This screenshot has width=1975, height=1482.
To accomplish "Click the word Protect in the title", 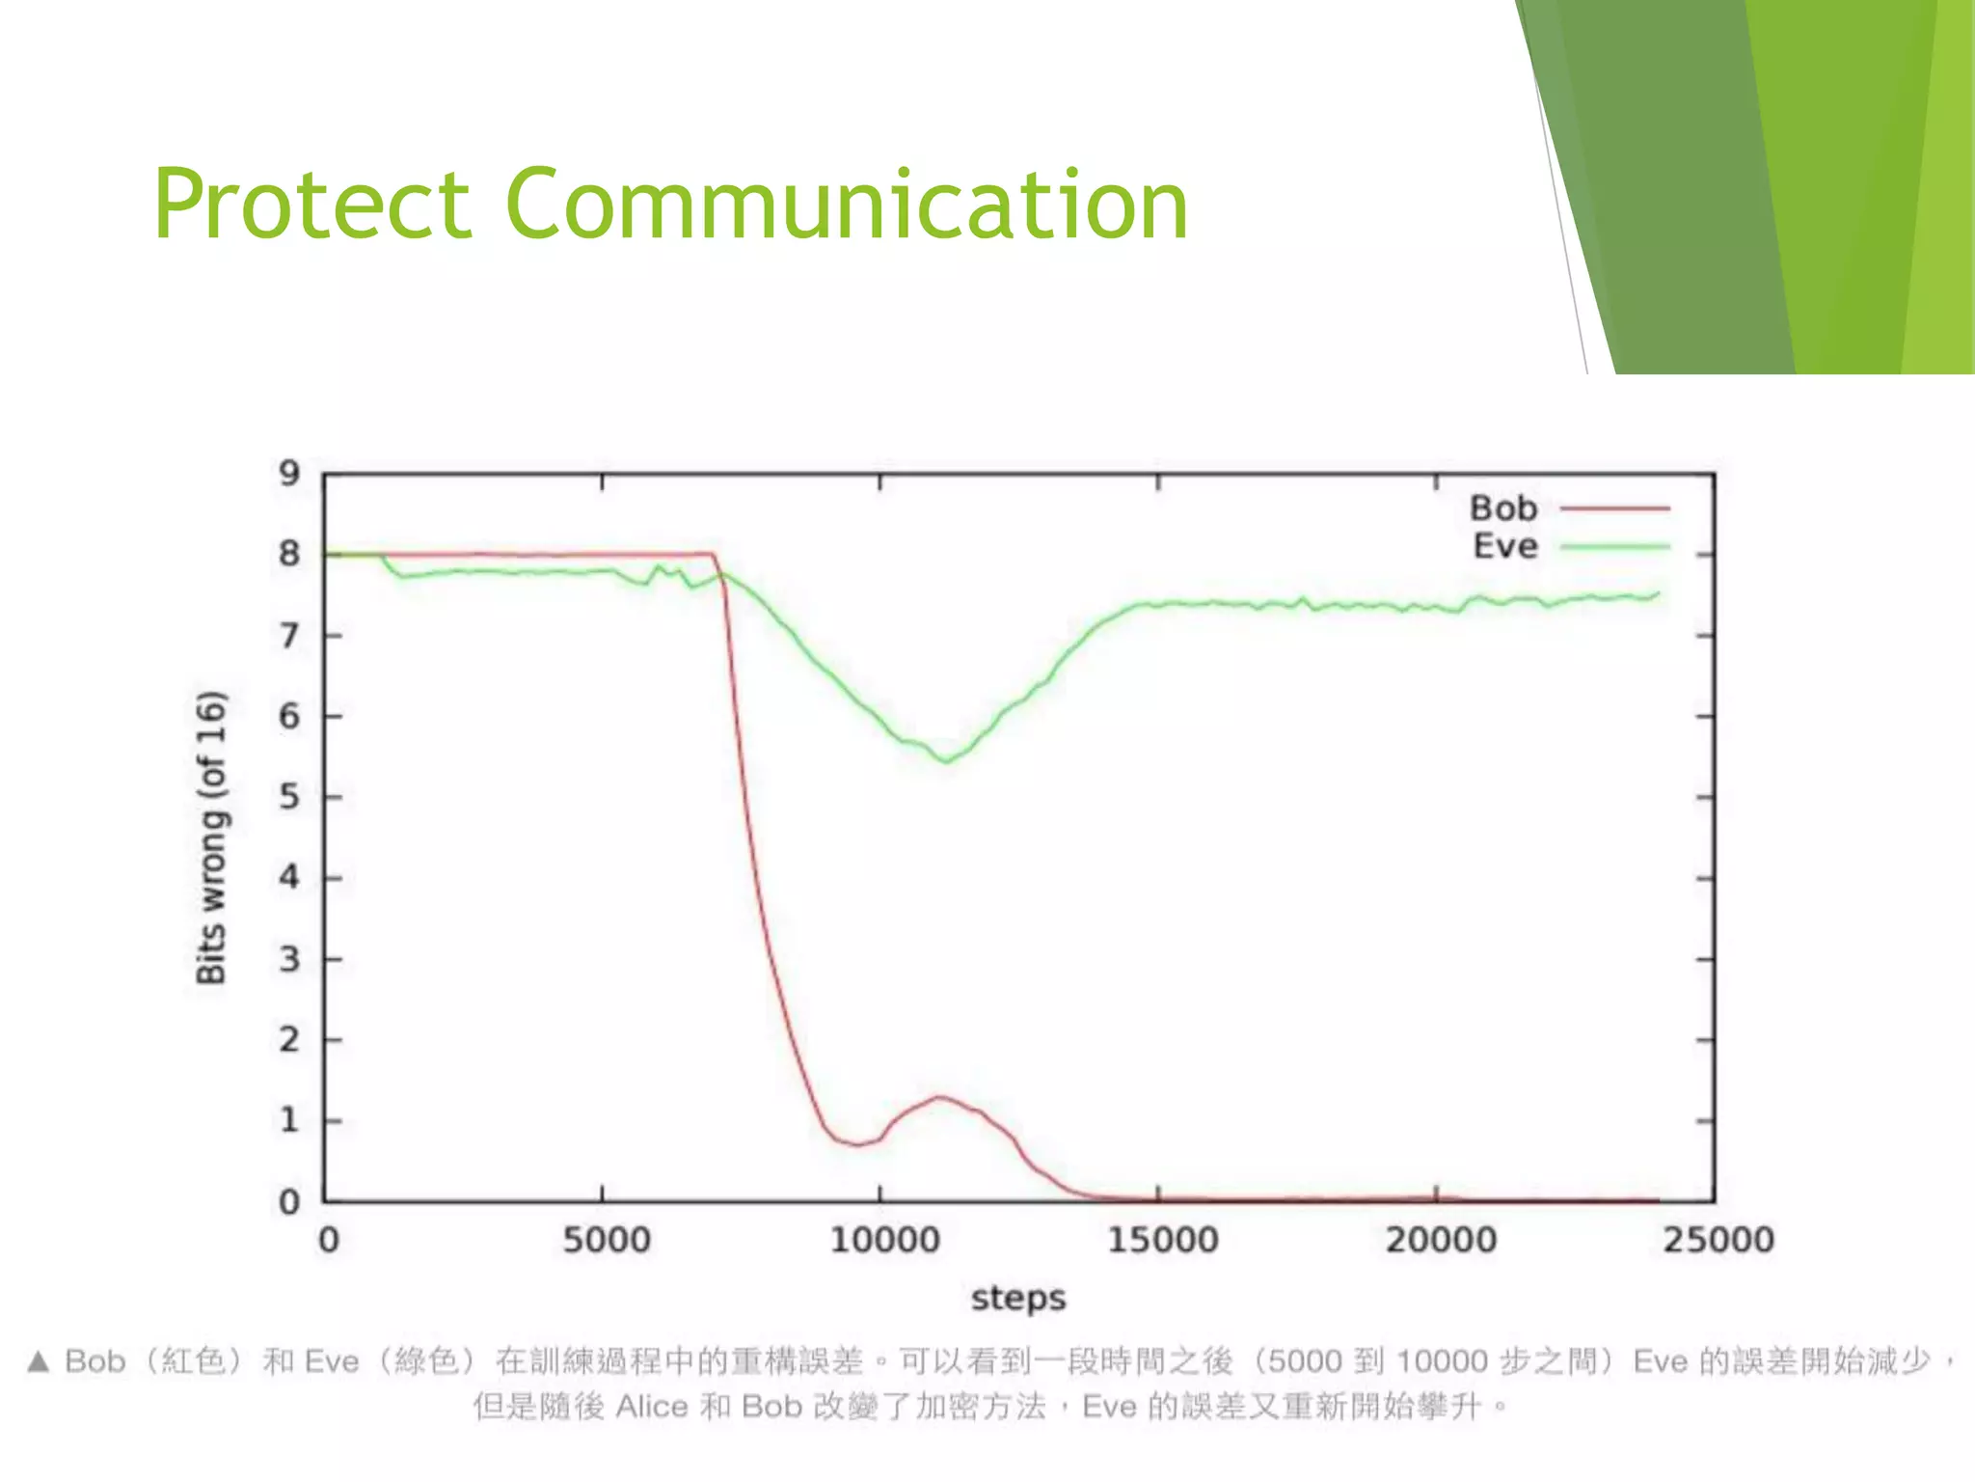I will pyautogui.click(x=311, y=205).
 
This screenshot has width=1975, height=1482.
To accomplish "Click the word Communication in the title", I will pyautogui.click(x=846, y=205).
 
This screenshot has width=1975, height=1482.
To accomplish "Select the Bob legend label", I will pyautogui.click(x=1502, y=508).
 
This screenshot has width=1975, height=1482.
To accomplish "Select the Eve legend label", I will pyautogui.click(x=1504, y=546).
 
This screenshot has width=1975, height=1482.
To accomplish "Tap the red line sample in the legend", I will pyautogui.click(x=1614, y=508).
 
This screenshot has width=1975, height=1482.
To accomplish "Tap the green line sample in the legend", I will pyautogui.click(x=1614, y=547).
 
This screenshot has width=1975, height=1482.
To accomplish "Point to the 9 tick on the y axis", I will pyautogui.click(x=289, y=474).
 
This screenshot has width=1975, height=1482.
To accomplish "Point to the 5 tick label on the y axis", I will pyautogui.click(x=289, y=797).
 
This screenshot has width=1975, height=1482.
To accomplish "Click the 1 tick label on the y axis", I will pyautogui.click(x=289, y=1120).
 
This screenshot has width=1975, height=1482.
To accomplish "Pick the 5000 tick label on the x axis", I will pyautogui.click(x=606, y=1240).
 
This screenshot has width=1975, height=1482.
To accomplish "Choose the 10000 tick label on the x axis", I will pyautogui.click(x=884, y=1240).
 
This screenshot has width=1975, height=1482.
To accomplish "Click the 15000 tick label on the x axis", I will pyautogui.click(x=1162, y=1240).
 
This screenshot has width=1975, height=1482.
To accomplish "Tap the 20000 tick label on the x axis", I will pyautogui.click(x=1441, y=1240).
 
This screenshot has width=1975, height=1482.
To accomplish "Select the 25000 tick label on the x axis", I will pyautogui.click(x=1718, y=1240).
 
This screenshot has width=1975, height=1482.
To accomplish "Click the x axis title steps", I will pyautogui.click(x=1018, y=1298).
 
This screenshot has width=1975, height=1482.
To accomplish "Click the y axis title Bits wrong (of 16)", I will pyautogui.click(x=212, y=837).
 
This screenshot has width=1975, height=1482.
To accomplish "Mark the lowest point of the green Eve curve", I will pyautogui.click(x=947, y=761).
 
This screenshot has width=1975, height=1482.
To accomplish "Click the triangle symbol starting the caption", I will pyautogui.click(x=38, y=1361).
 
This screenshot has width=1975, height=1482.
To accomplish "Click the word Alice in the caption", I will pyautogui.click(x=652, y=1407).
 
